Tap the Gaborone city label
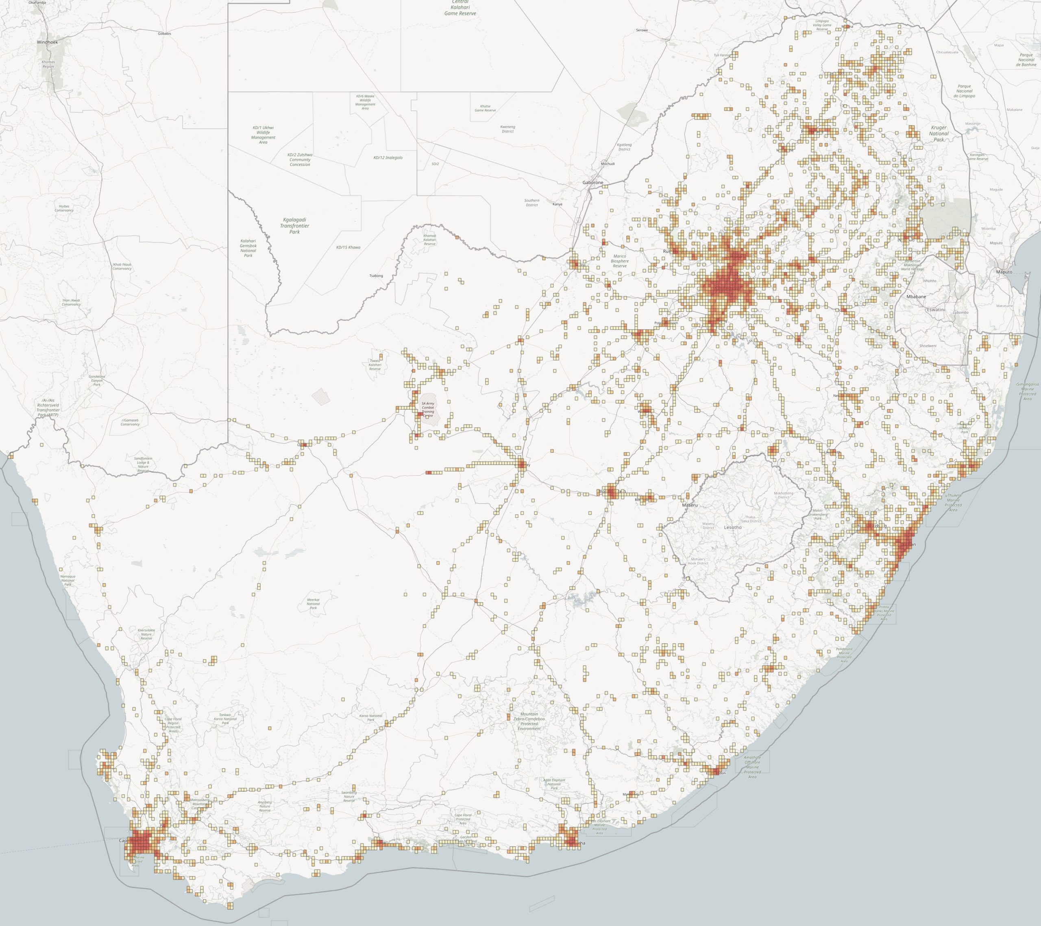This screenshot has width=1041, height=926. coord(593,182)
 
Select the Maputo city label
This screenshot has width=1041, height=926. coord(1004,272)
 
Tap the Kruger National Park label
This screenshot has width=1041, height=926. coord(939,133)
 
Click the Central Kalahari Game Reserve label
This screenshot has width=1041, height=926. coord(460,8)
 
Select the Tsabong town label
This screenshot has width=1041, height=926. coord(376,276)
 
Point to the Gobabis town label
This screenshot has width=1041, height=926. coord(165,34)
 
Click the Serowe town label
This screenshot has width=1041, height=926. coord(642,30)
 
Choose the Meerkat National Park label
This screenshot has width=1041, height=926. coord(313,604)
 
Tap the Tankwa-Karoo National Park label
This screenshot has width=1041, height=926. coord(226,719)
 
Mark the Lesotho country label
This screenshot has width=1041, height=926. coord(733,527)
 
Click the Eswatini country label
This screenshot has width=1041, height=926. coord(936,309)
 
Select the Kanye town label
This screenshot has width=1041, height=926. coord(558,204)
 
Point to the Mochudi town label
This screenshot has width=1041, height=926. coord(608,164)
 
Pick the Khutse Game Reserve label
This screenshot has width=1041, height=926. coord(485,108)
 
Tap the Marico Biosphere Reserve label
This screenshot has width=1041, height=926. coord(620,261)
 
